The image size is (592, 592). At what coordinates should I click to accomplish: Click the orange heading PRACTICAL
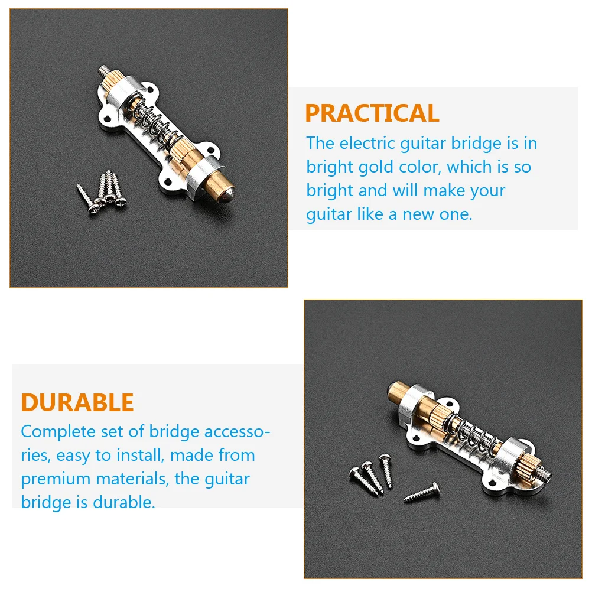click(x=372, y=113)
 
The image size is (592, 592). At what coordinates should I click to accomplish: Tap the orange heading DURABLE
click(x=77, y=402)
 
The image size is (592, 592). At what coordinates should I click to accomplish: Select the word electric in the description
click(x=366, y=144)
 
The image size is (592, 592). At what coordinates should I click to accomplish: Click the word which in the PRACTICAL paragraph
click(x=470, y=167)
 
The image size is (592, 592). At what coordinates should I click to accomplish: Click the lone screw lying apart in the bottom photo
click(x=422, y=492)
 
